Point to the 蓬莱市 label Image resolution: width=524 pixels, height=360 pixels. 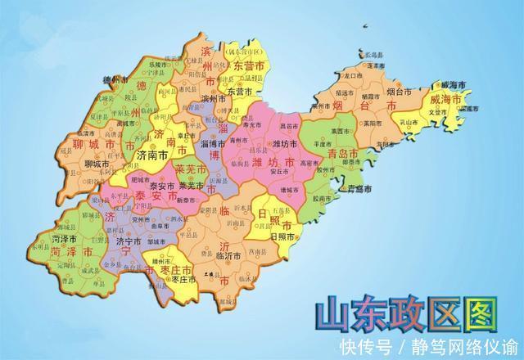[376, 65]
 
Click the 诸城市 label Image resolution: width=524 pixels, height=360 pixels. [289, 190]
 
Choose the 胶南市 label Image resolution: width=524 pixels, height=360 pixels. [322, 197]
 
